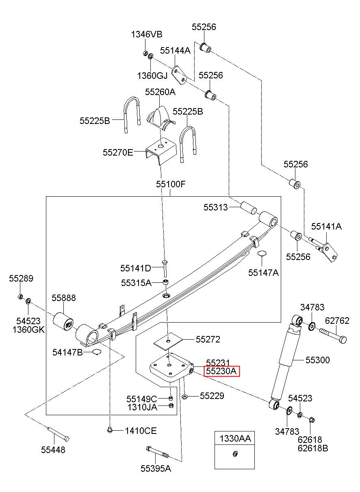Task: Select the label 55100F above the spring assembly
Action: [171, 184]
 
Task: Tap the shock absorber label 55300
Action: [318, 360]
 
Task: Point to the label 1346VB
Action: [147, 34]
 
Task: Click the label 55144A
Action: [175, 50]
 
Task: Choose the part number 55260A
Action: [160, 92]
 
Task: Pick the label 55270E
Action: [118, 152]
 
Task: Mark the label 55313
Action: [215, 207]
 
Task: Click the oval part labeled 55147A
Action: [262, 253]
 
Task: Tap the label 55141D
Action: [136, 268]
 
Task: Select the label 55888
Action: [64, 298]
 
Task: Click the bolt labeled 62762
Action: [332, 335]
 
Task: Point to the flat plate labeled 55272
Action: [168, 341]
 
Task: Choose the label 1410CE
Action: [141, 431]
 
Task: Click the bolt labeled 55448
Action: [58, 433]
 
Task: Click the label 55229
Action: [212, 396]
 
